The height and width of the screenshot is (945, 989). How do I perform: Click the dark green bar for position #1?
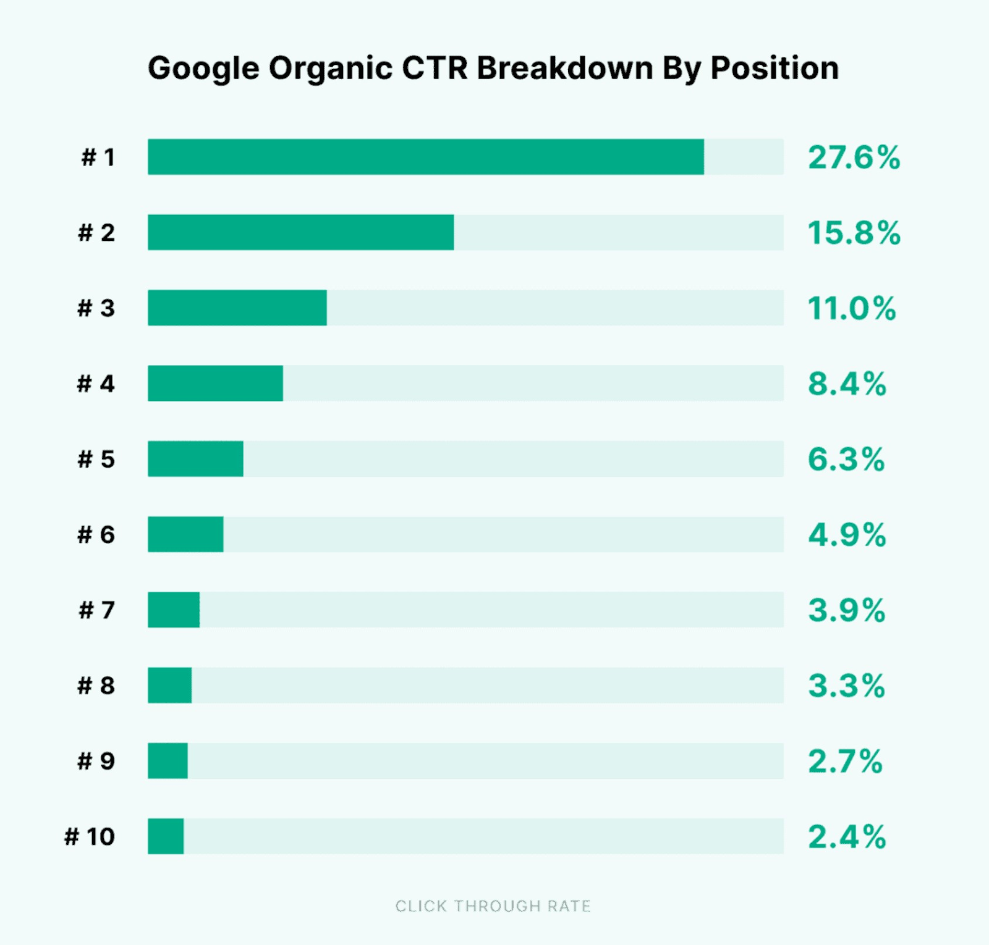pos(425,157)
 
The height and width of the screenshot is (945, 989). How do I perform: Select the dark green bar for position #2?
pos(300,232)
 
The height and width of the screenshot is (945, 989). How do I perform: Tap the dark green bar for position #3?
pos(237,308)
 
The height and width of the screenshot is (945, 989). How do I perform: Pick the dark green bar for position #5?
pos(195,459)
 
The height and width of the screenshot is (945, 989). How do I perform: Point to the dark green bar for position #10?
pos(166,836)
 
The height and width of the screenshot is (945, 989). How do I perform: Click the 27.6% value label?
pos(854,157)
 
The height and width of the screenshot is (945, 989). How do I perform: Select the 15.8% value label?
pos(854,233)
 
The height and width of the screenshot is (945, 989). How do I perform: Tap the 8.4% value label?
pos(847,384)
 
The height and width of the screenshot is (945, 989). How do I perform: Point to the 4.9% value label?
pos(847,535)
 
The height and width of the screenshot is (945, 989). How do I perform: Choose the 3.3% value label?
pos(846,686)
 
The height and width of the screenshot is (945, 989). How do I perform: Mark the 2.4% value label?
pos(847,837)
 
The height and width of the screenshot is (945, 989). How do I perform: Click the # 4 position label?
pos(96,384)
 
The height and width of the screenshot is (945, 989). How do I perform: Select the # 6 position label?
pos(96,535)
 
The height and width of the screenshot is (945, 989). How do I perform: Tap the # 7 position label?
pos(96,610)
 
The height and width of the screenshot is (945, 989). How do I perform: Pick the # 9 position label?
pos(96,761)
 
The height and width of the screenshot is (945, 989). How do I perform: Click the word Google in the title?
pos(203,68)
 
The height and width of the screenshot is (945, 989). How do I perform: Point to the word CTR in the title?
pos(435,67)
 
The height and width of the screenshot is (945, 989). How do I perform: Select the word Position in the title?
pos(775,67)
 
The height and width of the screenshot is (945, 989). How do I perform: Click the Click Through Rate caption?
pos(493,906)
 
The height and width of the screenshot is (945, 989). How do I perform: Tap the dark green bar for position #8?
pos(169,686)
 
